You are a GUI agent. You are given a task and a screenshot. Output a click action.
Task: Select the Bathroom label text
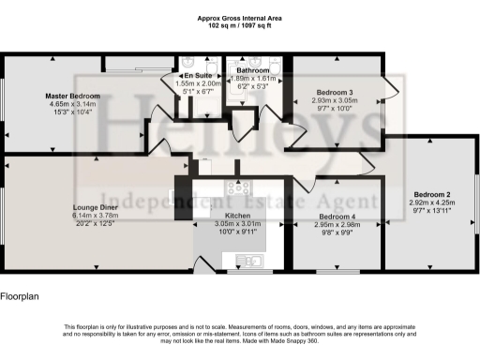tap(253, 70)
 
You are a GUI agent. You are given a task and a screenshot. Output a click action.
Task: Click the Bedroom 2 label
tap(431, 194)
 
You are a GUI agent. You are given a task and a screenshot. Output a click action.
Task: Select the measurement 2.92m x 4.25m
tap(431, 202)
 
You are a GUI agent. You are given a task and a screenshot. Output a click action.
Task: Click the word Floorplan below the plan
tap(21, 296)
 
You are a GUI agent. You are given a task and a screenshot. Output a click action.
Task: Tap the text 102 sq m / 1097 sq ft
tap(240, 26)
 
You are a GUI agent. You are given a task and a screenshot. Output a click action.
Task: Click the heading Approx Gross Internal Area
tap(240, 19)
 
